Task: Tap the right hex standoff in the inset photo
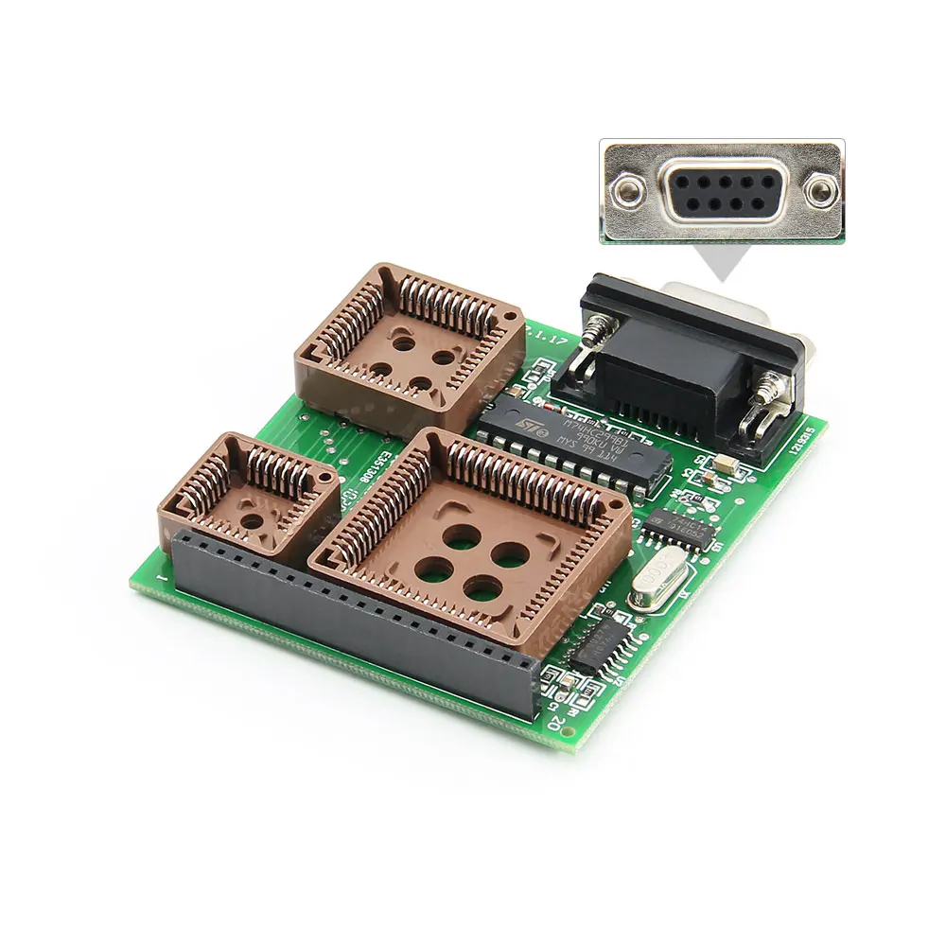pyautogui.click(x=819, y=193)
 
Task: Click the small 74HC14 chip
pyautogui.click(x=674, y=526)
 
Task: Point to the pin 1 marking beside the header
pyautogui.click(x=166, y=575)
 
